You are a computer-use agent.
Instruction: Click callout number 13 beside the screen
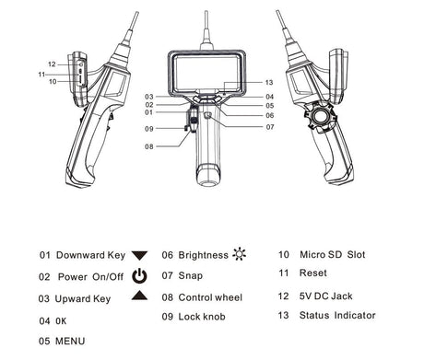click(x=269, y=82)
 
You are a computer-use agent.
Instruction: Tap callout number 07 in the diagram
click(x=270, y=127)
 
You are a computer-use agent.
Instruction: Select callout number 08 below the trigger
click(x=149, y=146)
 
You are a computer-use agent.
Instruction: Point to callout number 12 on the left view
click(x=52, y=64)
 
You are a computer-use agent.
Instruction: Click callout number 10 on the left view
click(x=53, y=81)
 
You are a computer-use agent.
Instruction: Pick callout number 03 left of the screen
click(x=149, y=97)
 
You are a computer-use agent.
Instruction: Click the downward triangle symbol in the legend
click(x=139, y=255)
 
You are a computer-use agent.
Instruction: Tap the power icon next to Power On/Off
click(x=139, y=275)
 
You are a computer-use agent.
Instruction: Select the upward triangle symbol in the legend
click(x=139, y=295)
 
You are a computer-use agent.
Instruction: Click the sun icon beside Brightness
click(x=240, y=254)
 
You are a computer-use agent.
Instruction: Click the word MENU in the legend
click(x=70, y=341)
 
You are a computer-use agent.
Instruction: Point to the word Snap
click(x=190, y=275)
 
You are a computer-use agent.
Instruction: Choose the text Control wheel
click(x=210, y=297)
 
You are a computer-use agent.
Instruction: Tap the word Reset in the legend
click(x=312, y=273)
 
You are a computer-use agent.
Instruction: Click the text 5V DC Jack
click(x=325, y=296)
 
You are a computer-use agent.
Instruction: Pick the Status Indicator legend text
click(x=337, y=315)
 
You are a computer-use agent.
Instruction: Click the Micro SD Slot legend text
click(x=333, y=254)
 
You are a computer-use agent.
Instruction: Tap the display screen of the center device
click(x=206, y=73)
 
